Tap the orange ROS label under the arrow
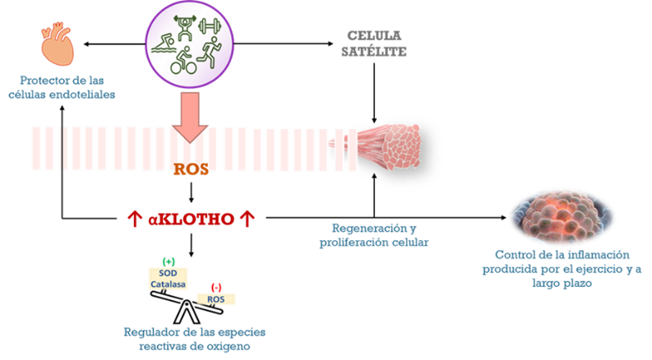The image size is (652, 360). [x=190, y=169]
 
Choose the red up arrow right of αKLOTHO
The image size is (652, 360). [x=246, y=219]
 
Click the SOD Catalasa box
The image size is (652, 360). [x=168, y=278]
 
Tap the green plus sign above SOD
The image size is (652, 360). [x=168, y=261]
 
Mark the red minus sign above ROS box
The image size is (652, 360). [x=216, y=286]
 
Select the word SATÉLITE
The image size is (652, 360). [x=377, y=52]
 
